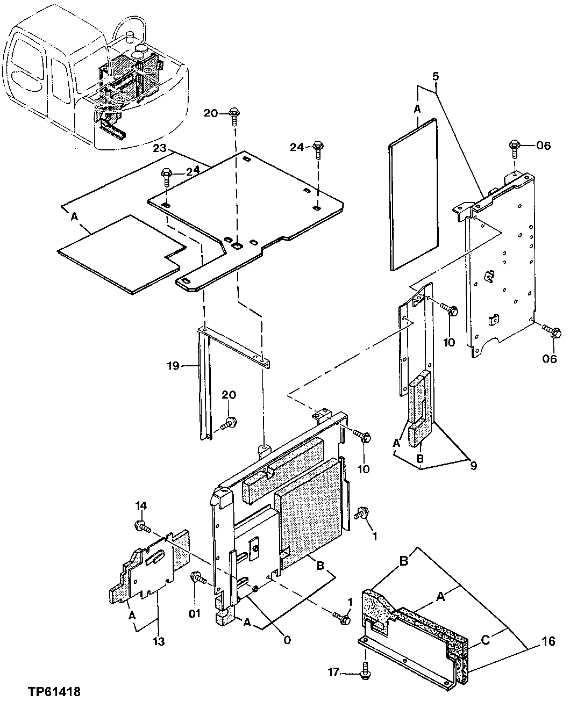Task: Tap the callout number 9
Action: [473, 466]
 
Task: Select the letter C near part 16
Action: [485, 639]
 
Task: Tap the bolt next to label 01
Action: [198, 578]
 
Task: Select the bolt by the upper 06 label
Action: [514, 146]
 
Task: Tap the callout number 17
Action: [334, 671]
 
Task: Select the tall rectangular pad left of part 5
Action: [412, 193]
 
